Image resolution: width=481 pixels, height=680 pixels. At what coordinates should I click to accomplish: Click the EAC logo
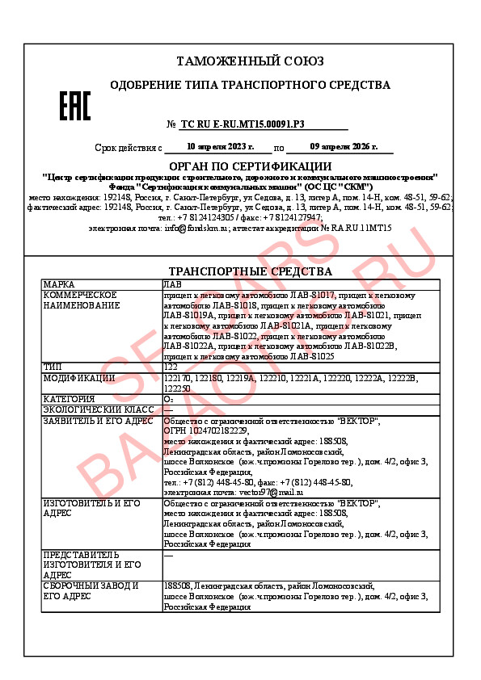point(75,106)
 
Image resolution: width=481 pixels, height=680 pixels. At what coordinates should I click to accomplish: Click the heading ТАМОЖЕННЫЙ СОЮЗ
point(250,61)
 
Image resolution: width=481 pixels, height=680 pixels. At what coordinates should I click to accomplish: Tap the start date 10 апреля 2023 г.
point(220,147)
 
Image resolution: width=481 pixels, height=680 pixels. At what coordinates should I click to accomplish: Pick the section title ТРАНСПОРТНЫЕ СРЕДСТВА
point(250,271)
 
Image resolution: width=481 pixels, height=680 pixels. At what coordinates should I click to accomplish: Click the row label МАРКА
point(60,285)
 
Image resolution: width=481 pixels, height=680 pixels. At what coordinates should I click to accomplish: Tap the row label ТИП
point(53,367)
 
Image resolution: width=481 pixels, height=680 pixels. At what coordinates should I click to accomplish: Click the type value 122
point(171,367)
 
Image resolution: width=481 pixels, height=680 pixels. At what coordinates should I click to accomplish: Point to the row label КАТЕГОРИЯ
point(69,399)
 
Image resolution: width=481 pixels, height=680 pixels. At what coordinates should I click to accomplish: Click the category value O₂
point(168,399)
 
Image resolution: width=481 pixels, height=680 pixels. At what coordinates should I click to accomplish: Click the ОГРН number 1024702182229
point(217,431)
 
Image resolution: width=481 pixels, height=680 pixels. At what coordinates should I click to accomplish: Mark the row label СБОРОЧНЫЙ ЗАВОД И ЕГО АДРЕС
point(91,591)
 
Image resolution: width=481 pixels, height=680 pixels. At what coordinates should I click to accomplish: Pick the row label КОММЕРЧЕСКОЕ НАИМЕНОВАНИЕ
point(81,300)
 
